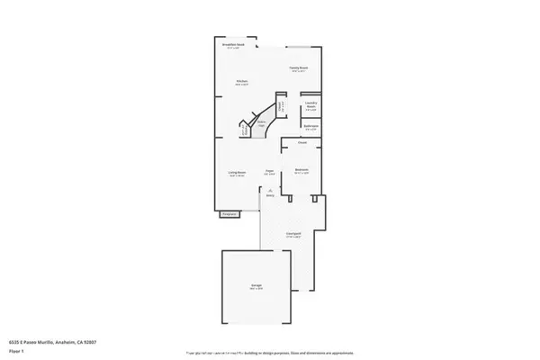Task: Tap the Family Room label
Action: coord(299,67)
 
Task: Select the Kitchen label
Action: coord(242,81)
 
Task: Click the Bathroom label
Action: coord(310,126)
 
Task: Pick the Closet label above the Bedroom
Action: coord(303,142)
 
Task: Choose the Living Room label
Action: coord(238,175)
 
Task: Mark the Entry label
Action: coord(269,194)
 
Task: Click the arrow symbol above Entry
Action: coord(269,187)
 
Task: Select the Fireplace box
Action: coord(229,214)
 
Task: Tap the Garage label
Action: coord(256,285)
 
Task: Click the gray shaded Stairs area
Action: coord(261,122)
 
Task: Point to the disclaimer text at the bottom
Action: coord(270,354)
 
